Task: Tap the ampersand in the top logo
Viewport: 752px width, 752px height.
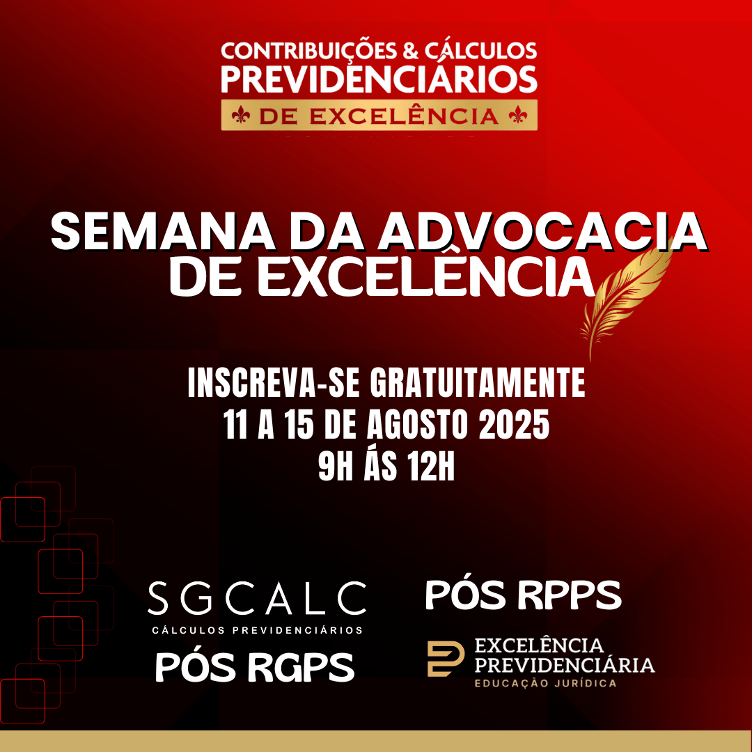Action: tap(411, 51)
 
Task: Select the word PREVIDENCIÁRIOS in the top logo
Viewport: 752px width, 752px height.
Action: tap(379, 79)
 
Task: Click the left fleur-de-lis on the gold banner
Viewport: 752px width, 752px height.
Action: tap(241, 116)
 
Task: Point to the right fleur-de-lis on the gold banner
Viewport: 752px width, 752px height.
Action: tap(518, 116)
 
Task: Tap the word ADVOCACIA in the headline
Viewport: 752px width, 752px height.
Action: tap(542, 232)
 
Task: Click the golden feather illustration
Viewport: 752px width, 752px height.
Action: tap(626, 297)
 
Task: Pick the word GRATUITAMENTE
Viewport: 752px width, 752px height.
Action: tap(477, 383)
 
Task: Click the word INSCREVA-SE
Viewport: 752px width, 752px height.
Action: tap(274, 383)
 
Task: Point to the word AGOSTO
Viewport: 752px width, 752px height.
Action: tap(417, 425)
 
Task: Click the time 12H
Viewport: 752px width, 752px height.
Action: tap(430, 467)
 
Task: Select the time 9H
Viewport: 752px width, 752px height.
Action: tap(335, 467)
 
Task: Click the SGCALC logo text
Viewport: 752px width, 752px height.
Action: tap(257, 598)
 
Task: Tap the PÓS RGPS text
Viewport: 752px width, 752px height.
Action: tap(255, 666)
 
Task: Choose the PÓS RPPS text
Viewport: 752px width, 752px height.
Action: tap(523, 595)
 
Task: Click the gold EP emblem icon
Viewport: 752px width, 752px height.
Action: tap(446, 659)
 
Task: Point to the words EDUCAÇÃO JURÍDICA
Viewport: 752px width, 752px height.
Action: tap(545, 683)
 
